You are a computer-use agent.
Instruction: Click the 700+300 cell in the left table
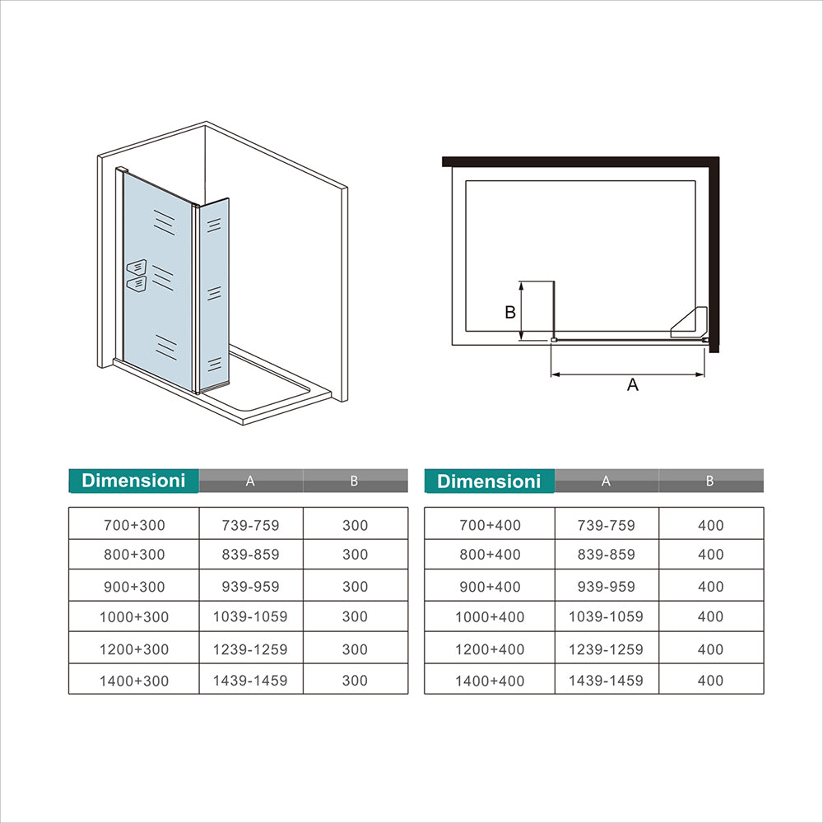(x=133, y=525)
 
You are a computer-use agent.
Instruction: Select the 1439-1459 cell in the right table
(x=606, y=681)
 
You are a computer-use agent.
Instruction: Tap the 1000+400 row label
(x=489, y=616)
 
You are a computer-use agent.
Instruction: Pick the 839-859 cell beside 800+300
(x=250, y=555)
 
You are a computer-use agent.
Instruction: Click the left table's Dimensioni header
(x=133, y=481)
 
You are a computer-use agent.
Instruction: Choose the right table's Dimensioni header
(x=489, y=481)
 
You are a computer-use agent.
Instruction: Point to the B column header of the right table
(x=710, y=481)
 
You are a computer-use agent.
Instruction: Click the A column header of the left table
(x=250, y=481)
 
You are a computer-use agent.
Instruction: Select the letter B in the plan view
(x=509, y=313)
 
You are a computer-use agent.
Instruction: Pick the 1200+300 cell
(x=133, y=649)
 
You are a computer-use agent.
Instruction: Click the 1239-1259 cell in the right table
(x=606, y=649)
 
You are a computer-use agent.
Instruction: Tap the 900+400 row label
(x=489, y=587)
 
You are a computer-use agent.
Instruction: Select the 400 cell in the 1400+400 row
(x=710, y=681)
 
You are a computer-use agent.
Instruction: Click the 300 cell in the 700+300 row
(x=355, y=525)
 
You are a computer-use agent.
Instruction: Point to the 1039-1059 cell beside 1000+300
(x=250, y=616)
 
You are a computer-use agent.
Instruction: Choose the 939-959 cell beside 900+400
(x=606, y=587)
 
